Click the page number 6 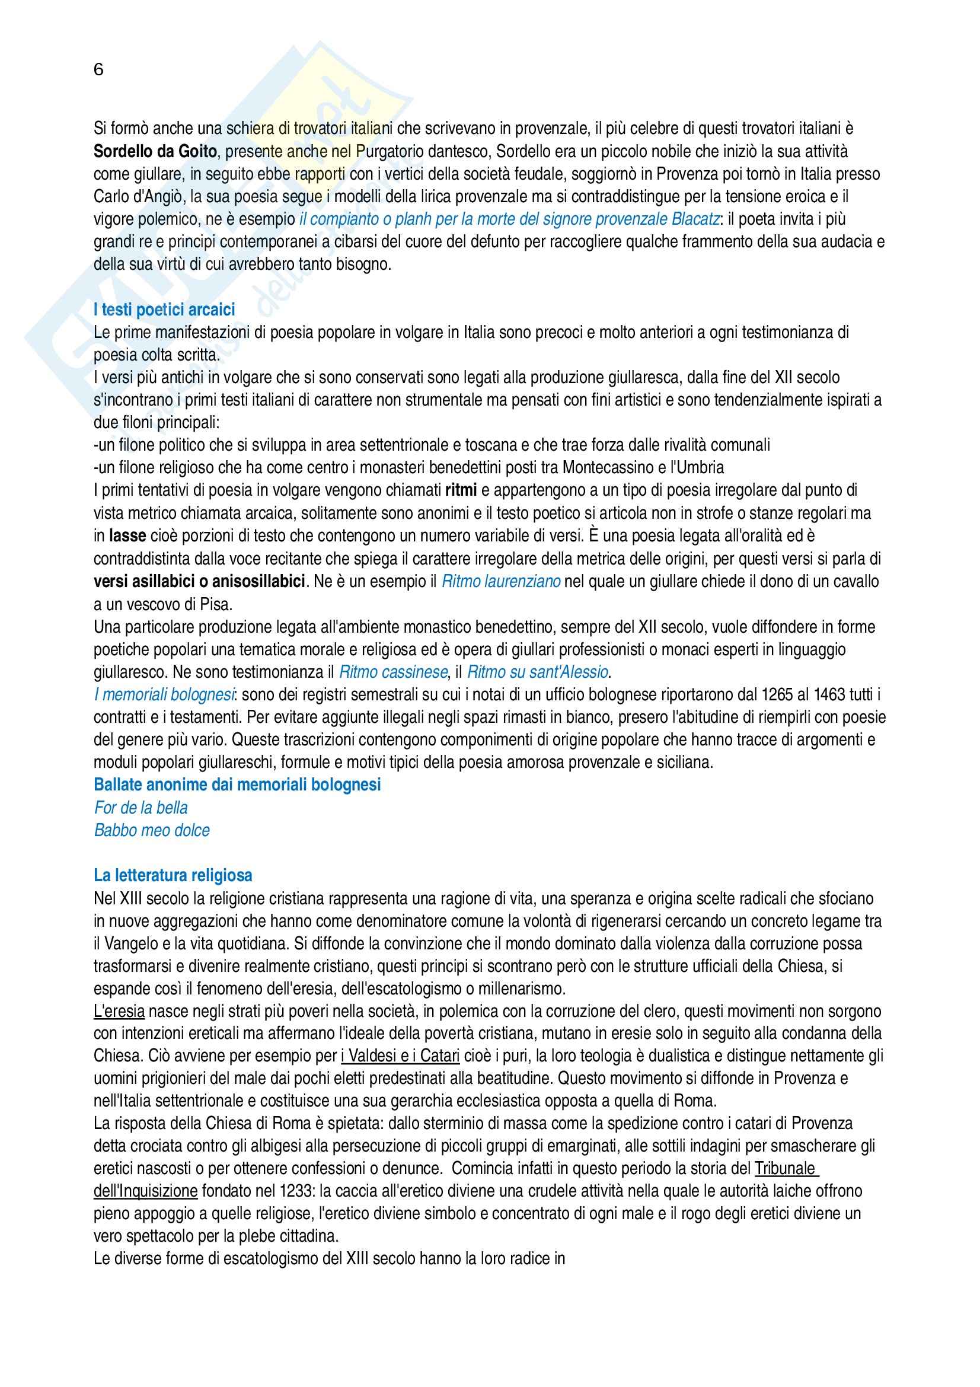[98, 70]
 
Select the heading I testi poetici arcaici [164, 310]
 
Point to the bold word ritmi [461, 490]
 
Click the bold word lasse [127, 536]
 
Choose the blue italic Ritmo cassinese [394, 672]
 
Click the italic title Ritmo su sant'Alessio [538, 672]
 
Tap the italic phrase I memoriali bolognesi [164, 695]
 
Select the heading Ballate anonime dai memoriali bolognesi [237, 785]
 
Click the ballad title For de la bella [141, 808]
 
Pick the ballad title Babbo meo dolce [152, 830]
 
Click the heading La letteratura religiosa [173, 875]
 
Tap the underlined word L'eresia [119, 1011]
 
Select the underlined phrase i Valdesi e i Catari [400, 1057]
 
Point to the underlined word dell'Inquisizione [145, 1192]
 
